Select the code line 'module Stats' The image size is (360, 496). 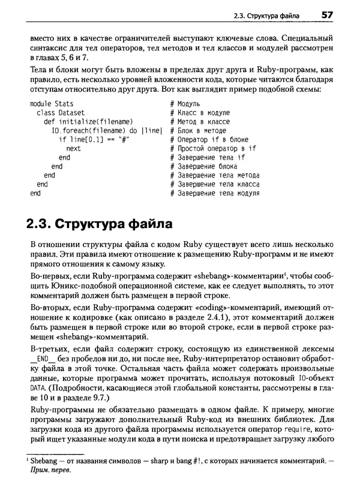[x=52, y=104]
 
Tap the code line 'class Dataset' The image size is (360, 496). [x=61, y=113]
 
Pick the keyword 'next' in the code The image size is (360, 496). [x=73, y=149]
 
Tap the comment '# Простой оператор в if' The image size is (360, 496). [x=213, y=149]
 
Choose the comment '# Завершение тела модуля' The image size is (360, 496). [x=215, y=194]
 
